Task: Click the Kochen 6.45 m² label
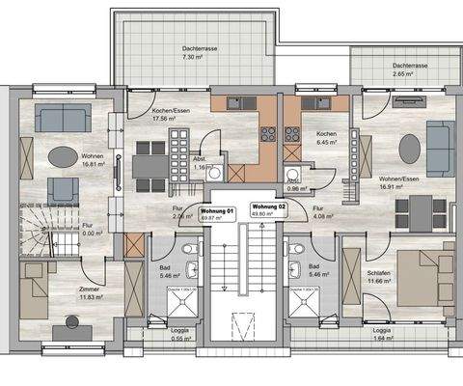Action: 325,137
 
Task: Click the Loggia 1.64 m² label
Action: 382,335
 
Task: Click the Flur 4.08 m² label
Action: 324,214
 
